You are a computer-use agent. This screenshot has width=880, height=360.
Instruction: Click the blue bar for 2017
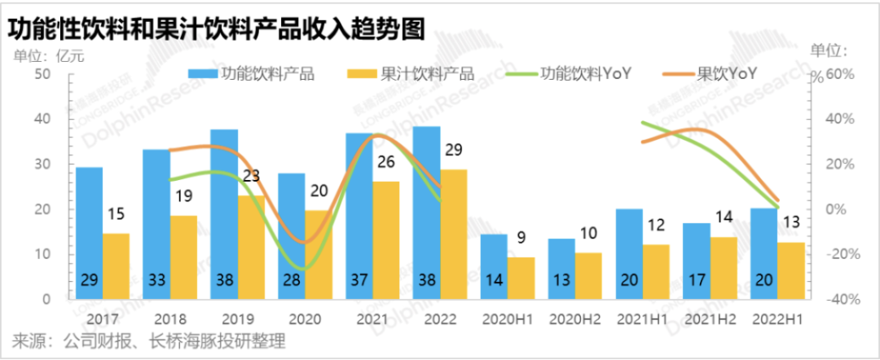pyautogui.click(x=90, y=232)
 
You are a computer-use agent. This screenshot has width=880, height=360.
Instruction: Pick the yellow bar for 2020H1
pyautogui.click(x=521, y=278)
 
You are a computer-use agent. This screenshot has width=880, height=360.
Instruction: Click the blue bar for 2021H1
pyautogui.click(x=629, y=253)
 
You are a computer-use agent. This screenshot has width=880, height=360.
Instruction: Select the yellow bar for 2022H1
pyautogui.click(x=791, y=270)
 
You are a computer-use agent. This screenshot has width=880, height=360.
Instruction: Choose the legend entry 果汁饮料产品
pyautogui.click(x=416, y=73)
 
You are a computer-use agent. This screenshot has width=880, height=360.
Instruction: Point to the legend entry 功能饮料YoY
pyautogui.click(x=574, y=73)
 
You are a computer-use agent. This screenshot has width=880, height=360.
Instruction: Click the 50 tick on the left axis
pyautogui.click(x=43, y=74)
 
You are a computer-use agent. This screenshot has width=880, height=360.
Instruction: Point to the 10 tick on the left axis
pyautogui.click(x=43, y=254)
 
